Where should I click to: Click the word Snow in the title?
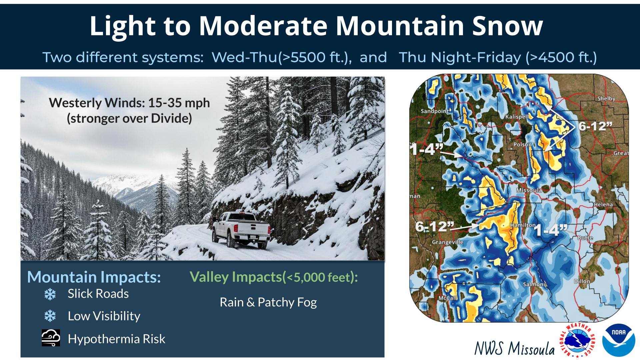(508, 26)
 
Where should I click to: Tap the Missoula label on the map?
(529, 190)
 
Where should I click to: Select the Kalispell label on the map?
(517, 117)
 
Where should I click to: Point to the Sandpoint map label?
(435, 111)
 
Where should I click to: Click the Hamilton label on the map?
(523, 225)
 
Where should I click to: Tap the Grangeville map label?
(448, 242)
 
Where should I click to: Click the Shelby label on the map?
(606, 99)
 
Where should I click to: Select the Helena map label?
(603, 204)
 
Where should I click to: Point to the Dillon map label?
(582, 281)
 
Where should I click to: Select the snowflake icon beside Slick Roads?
(50, 294)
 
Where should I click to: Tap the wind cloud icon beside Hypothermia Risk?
(51, 338)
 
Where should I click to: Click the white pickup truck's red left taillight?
(236, 228)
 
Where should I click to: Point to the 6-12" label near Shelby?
(595, 126)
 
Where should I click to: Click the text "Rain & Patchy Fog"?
(268, 302)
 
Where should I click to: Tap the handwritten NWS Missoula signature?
(514, 348)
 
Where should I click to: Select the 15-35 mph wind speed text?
(179, 103)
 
